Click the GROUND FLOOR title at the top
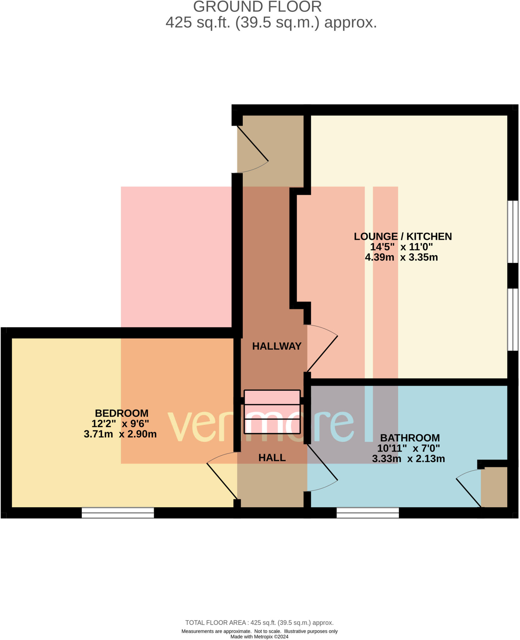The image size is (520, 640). pyautogui.click(x=257, y=7)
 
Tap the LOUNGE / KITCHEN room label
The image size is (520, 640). pyautogui.click(x=402, y=236)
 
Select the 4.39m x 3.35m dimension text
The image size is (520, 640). pyautogui.click(x=401, y=257)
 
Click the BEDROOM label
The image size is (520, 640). pyautogui.click(x=122, y=413)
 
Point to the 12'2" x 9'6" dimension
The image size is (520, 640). pyautogui.click(x=120, y=423)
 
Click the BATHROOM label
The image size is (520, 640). pyautogui.click(x=410, y=438)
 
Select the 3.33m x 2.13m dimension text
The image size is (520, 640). pyautogui.click(x=408, y=458)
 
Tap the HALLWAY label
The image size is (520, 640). pyautogui.click(x=277, y=346)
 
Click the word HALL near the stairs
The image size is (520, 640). pyautogui.click(x=272, y=457)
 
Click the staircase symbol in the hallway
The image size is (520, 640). pyautogui.click(x=272, y=412)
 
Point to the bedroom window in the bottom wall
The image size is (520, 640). pyautogui.click(x=118, y=512)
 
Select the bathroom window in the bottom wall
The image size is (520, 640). pyautogui.click(x=367, y=512)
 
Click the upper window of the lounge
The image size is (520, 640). pyautogui.click(x=512, y=231)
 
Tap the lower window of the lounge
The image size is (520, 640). pyautogui.click(x=512, y=319)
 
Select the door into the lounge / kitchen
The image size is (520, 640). pyautogui.click(x=322, y=348)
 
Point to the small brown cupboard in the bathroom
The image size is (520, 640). pyautogui.click(x=494, y=487)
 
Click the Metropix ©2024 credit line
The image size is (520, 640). pyautogui.click(x=259, y=637)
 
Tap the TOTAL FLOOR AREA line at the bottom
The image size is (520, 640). pyautogui.click(x=259, y=622)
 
